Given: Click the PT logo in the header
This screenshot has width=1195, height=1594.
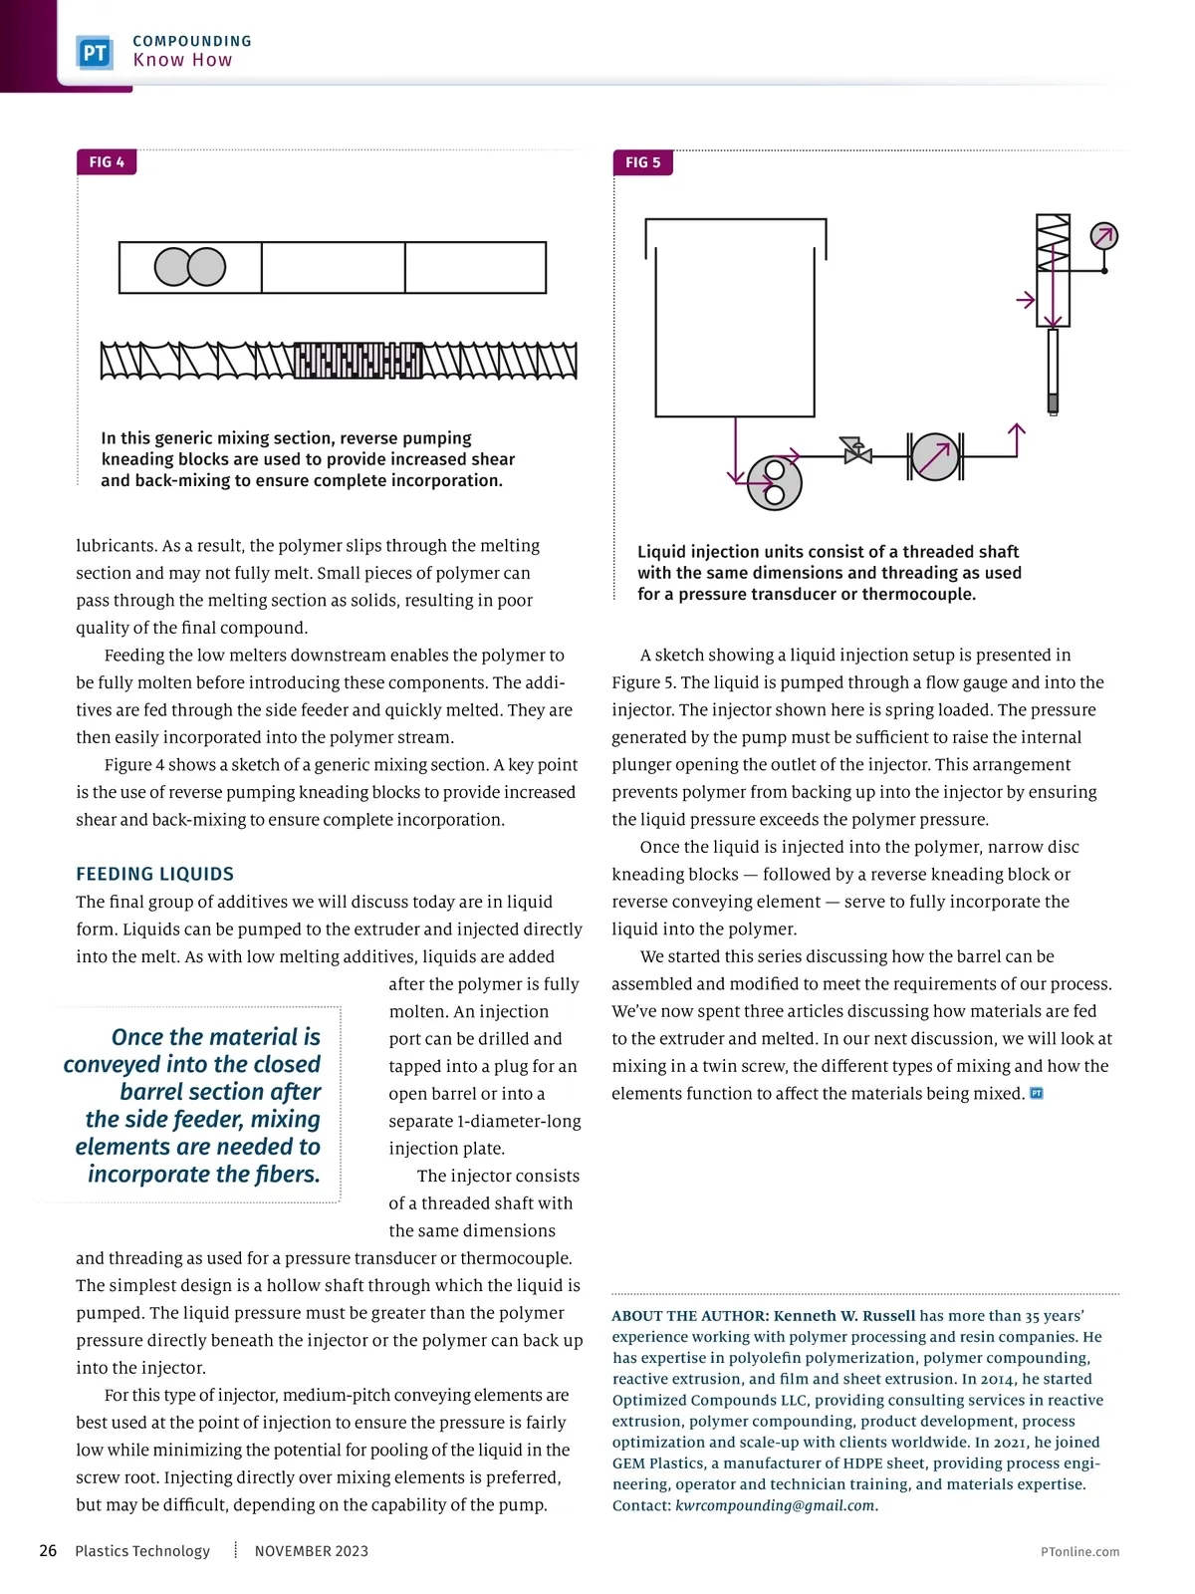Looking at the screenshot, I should [95, 52].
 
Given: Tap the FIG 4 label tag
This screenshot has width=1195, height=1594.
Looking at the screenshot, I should [107, 162].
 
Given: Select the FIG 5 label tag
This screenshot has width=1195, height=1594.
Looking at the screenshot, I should [642, 162].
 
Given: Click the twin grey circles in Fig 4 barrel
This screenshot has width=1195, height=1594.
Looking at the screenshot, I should [190, 267].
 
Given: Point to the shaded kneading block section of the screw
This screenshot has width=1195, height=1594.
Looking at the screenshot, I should [358, 361].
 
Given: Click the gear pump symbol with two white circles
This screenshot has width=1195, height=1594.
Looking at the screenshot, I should [774, 483].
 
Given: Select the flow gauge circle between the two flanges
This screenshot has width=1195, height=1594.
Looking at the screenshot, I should [934, 456].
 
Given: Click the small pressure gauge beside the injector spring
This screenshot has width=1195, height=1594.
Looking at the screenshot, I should [1103, 237].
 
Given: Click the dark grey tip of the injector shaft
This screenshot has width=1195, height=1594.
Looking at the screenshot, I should [1053, 403].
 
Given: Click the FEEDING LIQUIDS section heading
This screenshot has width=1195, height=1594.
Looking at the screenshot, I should [155, 874].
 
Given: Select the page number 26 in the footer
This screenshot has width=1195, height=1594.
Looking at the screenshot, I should [48, 1550].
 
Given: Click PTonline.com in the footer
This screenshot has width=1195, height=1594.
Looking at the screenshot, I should [1079, 1551].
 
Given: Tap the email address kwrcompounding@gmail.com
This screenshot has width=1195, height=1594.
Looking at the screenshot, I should [776, 1505].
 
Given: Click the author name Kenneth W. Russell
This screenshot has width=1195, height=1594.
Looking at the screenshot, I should [843, 1316].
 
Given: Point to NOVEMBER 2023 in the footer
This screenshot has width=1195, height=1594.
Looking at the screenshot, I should [311, 1551].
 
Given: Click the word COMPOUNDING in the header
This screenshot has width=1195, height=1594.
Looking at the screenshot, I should [192, 41].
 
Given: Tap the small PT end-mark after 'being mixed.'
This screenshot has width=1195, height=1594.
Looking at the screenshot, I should [1036, 1093].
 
